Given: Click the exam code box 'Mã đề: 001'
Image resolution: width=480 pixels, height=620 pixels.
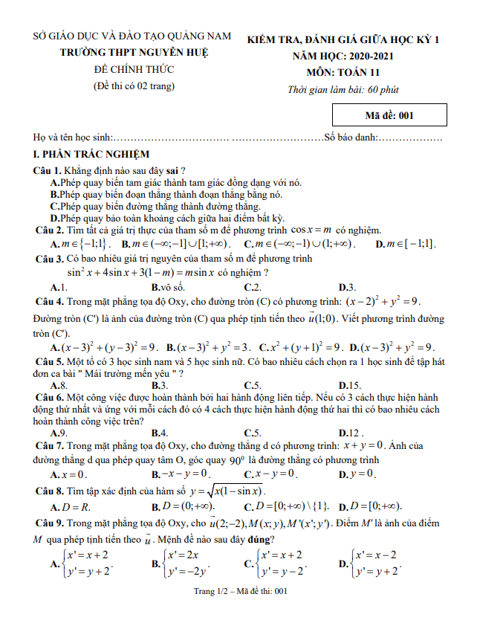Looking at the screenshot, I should pos(389,115).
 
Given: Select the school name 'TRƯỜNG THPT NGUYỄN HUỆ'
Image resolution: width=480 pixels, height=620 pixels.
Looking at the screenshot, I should pos(134,52).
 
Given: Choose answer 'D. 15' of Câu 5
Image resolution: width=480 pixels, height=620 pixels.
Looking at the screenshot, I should pos(349,385).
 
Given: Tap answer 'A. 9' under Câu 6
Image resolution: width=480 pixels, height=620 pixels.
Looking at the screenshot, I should pos(59,433).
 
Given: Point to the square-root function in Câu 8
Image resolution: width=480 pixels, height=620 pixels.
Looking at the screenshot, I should pos(229,491).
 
